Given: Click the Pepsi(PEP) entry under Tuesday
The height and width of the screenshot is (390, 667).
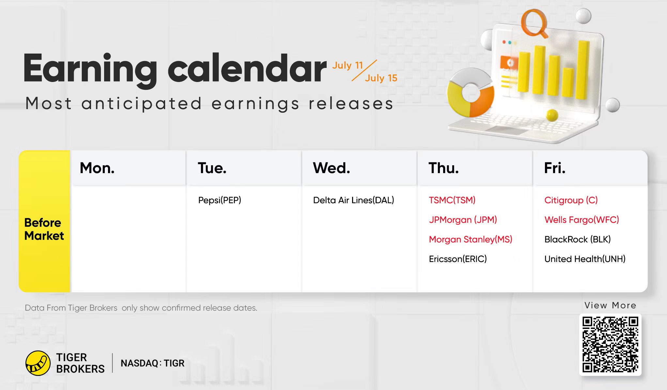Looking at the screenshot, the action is pos(220,200).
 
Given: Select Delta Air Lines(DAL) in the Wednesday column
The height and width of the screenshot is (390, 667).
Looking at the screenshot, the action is pos(353,200).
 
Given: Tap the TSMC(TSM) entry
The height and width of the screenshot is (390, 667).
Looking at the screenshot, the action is pos(452,200).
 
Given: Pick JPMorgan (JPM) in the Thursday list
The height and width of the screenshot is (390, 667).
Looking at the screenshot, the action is pos(463,219).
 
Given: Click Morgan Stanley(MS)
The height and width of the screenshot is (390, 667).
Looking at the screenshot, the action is pos(471,239).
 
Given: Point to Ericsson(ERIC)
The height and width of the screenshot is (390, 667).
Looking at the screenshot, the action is pos(458,259).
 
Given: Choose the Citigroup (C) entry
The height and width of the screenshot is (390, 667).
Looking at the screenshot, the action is pos(571,200).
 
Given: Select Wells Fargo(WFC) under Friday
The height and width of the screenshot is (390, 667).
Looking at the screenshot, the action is pos(582,219).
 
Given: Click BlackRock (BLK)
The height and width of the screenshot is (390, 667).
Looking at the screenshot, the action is pos(578,239).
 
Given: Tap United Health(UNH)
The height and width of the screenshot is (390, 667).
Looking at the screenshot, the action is pos(585,259).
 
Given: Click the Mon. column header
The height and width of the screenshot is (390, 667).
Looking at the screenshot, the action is pos(97,168).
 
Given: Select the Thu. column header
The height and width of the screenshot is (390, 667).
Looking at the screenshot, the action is pos(443,168).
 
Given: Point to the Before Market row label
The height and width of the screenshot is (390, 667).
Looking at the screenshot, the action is pos(44,229).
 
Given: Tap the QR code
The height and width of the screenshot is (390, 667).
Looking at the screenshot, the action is pos(610,344).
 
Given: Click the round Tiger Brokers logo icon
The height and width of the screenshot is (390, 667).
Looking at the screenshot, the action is pos(38,363).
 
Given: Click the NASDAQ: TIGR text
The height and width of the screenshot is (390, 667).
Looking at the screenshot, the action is pos(152,363).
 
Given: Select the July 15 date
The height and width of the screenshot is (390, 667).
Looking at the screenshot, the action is pos(381,78).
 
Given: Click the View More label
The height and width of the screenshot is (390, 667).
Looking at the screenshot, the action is pos(610,305).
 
